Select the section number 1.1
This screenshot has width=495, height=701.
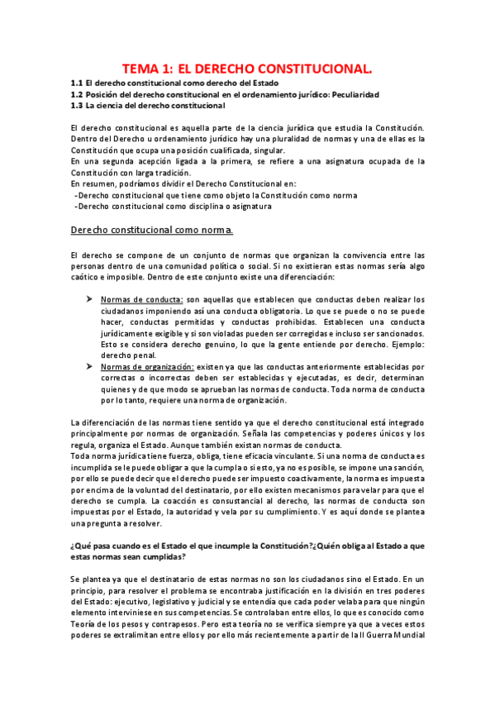[x=77, y=83]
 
